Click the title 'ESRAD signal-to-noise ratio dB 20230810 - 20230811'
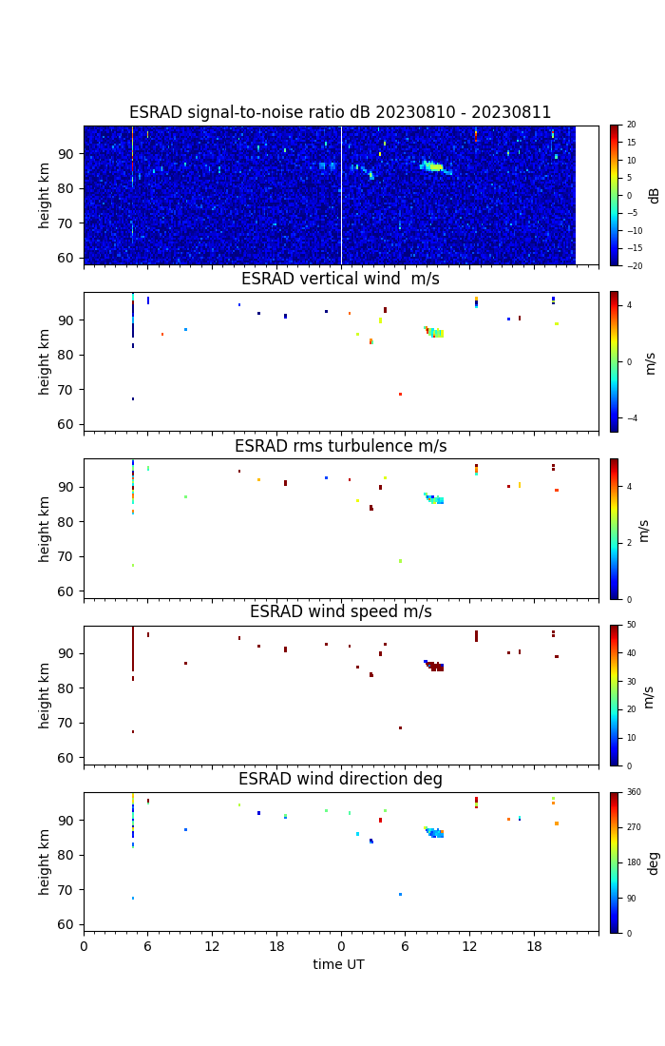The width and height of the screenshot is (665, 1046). point(340,113)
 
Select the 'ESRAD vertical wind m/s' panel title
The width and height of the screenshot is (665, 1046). point(340,280)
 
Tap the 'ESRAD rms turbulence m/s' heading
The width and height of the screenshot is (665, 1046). point(340,446)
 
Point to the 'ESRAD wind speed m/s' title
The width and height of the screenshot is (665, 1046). point(340,612)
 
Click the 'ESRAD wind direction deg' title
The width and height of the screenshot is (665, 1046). point(340,779)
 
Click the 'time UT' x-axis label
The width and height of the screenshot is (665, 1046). point(339,964)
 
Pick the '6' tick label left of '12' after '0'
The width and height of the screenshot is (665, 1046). point(147,946)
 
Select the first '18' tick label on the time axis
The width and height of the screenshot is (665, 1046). point(276,946)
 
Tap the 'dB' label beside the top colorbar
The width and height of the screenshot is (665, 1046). point(654,195)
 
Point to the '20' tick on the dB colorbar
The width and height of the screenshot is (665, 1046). point(631,126)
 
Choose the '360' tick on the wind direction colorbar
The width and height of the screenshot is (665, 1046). point(634,792)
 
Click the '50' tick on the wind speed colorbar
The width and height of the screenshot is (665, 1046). point(631,626)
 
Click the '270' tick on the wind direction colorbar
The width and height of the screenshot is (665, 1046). point(634,827)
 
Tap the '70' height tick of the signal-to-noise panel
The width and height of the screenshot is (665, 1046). point(66,223)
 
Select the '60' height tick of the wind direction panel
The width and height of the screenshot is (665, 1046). point(66,924)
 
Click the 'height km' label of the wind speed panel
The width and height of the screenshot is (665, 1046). point(45,695)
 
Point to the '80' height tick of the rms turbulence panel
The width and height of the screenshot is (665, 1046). point(66,521)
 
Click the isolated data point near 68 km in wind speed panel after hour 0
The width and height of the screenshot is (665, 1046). point(400,728)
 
